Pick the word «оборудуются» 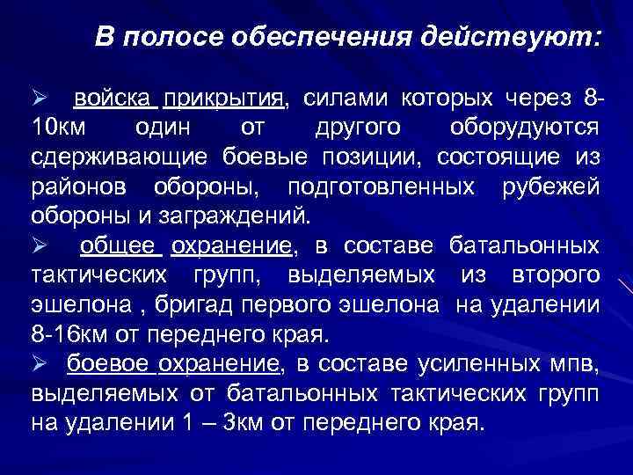point(526,127)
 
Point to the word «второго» point(558,276)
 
